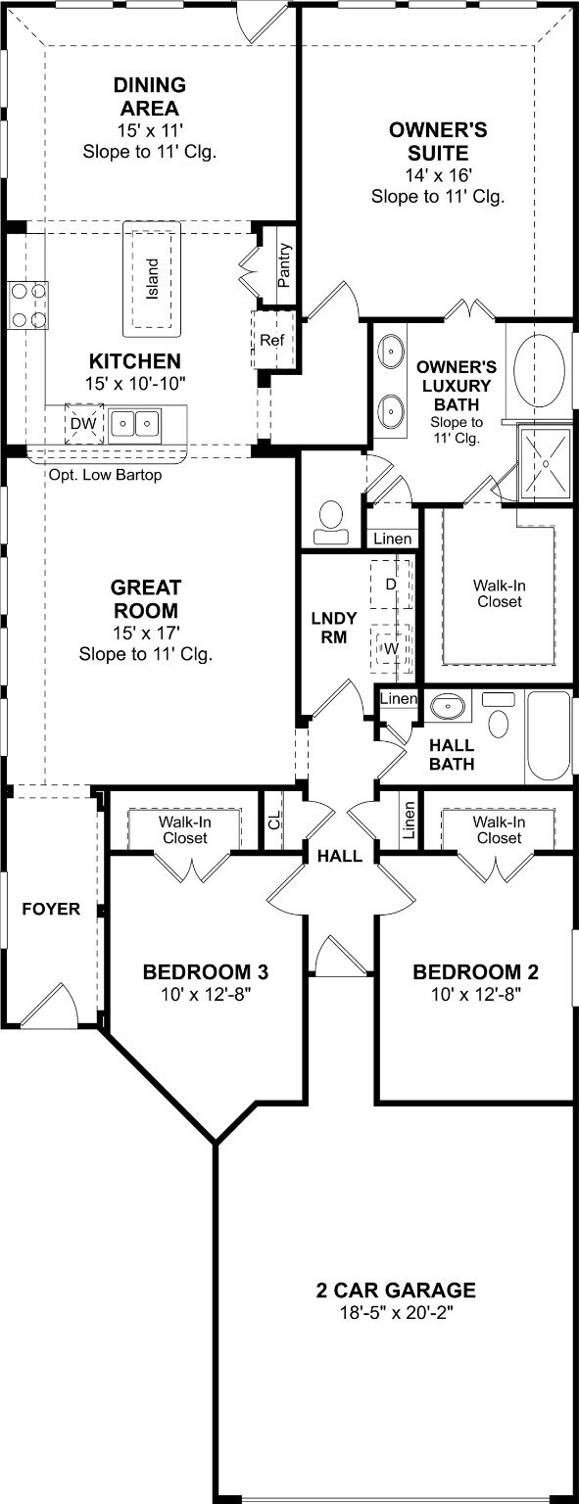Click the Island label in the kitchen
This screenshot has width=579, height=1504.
click(x=152, y=279)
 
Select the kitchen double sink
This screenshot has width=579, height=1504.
click(x=135, y=424)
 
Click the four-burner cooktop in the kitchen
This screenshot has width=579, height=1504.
click(x=27, y=305)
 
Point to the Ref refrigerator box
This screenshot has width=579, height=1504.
click(x=271, y=340)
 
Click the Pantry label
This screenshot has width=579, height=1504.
click(x=284, y=264)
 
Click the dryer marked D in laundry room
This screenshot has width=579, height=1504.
click(x=390, y=585)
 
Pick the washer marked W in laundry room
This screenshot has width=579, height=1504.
click(x=390, y=647)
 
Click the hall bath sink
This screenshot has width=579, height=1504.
click(x=449, y=704)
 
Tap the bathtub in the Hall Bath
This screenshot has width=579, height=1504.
click(x=549, y=737)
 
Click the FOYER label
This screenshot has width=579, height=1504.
click(x=51, y=910)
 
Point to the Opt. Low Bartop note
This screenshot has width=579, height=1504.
click(x=105, y=476)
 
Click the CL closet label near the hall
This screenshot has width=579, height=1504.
click(x=274, y=820)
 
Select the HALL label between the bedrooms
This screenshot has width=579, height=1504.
click(x=339, y=856)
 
